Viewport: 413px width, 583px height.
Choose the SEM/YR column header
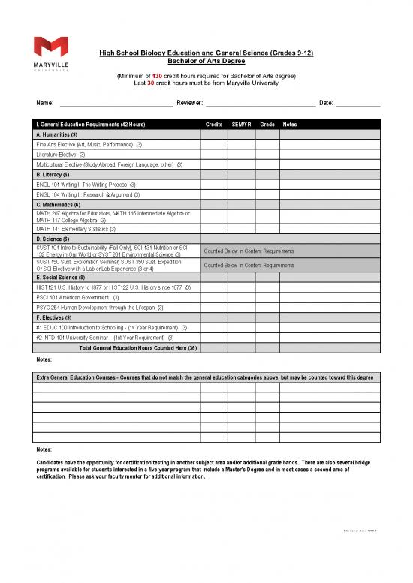(241, 124)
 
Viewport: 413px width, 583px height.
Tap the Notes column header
(290, 124)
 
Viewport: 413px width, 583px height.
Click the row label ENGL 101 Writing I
(85, 184)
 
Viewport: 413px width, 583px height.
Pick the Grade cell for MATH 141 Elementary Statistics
(267, 229)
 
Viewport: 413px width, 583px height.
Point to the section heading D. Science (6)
(52, 239)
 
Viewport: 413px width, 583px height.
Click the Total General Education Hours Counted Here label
(137, 347)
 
